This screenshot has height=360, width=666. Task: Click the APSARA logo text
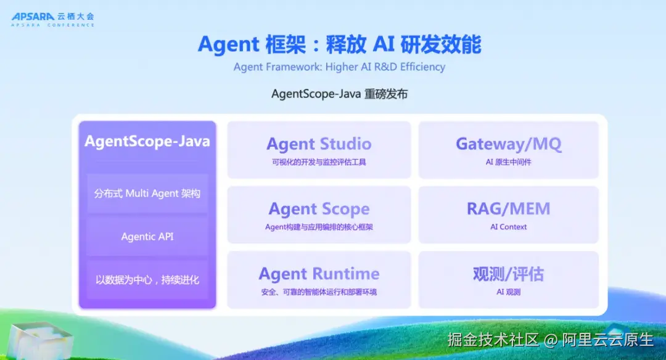tap(33, 17)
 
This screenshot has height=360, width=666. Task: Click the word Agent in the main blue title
tap(229, 45)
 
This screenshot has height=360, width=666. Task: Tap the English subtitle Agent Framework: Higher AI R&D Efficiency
tap(339, 67)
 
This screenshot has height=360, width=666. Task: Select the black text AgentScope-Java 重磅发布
tap(339, 94)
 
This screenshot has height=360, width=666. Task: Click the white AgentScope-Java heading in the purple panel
tap(147, 141)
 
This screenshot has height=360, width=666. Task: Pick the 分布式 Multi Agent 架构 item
tap(147, 194)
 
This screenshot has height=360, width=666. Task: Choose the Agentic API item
tap(147, 237)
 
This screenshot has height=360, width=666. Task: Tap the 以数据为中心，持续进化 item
tap(147, 280)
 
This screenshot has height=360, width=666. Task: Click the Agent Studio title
tap(319, 144)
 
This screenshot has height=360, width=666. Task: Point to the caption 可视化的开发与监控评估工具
tap(319, 162)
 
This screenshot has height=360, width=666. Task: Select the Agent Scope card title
tap(319, 210)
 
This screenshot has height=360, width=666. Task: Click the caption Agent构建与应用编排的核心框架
tap(319, 227)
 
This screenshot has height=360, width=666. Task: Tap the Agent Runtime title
tap(319, 274)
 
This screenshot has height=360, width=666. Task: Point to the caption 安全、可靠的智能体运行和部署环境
tap(319, 292)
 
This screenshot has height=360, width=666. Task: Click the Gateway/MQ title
tap(508, 144)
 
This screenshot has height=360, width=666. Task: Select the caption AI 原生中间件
tap(508, 162)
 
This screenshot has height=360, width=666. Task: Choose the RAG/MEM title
tap(508, 209)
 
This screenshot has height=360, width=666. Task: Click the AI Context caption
tap(508, 227)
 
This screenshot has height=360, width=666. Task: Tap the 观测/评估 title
tap(508, 274)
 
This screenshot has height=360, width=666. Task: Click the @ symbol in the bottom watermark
tap(551, 340)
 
